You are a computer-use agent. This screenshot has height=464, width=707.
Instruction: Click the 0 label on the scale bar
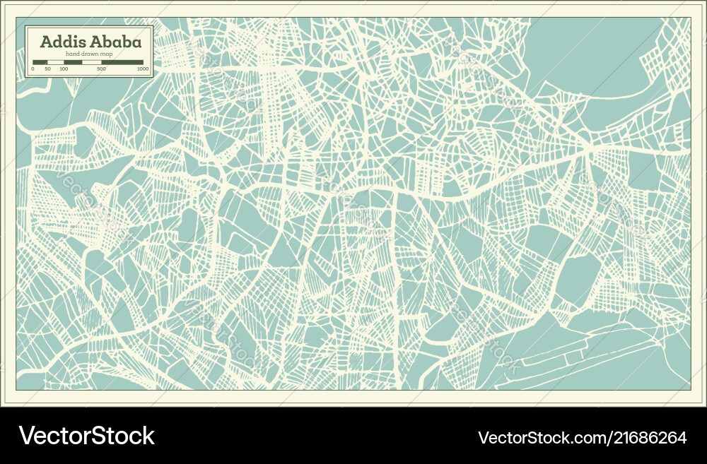33,69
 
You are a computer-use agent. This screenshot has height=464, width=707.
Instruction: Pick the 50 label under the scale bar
47,69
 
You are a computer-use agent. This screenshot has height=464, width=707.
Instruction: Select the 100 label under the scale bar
64,69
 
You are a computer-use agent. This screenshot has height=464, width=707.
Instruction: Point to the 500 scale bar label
101,69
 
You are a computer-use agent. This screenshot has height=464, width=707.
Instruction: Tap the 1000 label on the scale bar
143,69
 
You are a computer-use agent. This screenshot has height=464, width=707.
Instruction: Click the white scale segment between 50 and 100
56,62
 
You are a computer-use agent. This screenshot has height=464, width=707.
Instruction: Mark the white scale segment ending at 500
92,62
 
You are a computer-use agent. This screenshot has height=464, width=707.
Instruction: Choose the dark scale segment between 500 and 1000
124,62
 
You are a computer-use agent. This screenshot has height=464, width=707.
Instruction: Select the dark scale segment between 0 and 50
40,62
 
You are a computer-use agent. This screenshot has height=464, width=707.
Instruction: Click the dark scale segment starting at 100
73,62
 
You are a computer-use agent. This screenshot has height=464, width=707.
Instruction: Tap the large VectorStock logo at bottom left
86,436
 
